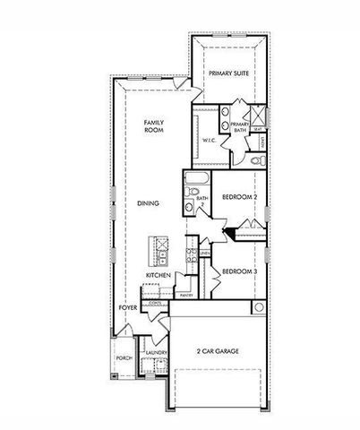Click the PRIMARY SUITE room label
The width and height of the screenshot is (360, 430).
tap(228, 73)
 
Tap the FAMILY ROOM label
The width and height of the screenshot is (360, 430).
tap(157, 125)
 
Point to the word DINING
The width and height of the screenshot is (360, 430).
tap(148, 203)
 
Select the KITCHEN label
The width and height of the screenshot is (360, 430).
tap(158, 274)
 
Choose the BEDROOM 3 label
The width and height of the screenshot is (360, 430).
tap(239, 271)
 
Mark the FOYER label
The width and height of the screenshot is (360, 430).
tap(128, 308)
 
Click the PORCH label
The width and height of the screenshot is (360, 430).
tap(124, 357)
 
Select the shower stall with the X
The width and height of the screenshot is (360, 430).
tap(253, 116)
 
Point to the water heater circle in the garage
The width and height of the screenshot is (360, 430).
tap(258, 308)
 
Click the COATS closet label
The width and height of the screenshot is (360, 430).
tap(155, 303)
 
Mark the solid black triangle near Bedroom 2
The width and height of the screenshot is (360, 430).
tap(229, 234)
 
